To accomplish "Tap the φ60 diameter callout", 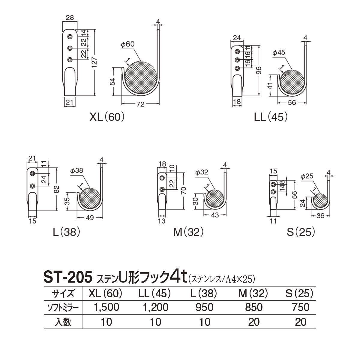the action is tap(127, 44).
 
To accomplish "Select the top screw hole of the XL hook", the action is tap(70, 37).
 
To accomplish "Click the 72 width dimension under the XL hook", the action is tap(140, 104).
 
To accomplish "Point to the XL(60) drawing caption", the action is tap(107, 117).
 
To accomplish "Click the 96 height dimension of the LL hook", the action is tap(259, 70).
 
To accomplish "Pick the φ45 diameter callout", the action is tap(279, 53).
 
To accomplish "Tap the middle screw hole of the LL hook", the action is tap(237, 60).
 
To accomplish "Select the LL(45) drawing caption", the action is tap(271, 117).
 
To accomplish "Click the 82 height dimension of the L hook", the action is tap(57, 189).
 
